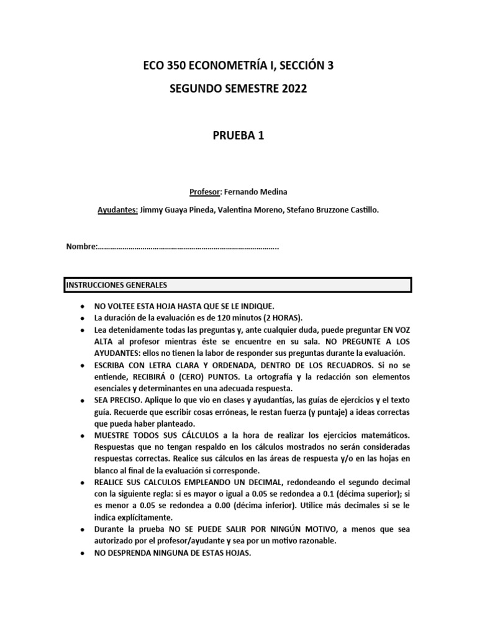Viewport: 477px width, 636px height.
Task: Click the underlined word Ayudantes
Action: [118, 211]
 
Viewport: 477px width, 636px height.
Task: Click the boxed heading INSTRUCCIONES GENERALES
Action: [117, 285]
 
